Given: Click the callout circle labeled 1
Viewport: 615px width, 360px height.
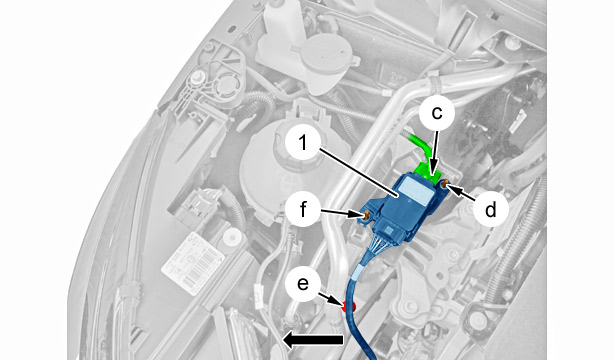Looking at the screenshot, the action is point(303,144).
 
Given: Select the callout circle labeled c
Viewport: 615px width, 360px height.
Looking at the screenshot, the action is point(437,113).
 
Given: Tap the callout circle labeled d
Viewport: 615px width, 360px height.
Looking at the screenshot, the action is point(490,209).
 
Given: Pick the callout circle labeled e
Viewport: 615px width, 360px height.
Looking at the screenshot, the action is point(303,284).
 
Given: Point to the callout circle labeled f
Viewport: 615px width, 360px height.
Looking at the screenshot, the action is point(303,209).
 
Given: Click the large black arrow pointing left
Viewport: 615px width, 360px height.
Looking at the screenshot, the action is point(313,340).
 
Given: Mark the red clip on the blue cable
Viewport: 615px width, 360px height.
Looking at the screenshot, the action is point(348,307).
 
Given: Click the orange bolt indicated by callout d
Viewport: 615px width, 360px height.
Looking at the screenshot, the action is point(444,183).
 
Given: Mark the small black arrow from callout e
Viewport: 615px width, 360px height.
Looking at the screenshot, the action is point(330,299).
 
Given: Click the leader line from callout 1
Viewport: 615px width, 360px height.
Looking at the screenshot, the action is point(360,172).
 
